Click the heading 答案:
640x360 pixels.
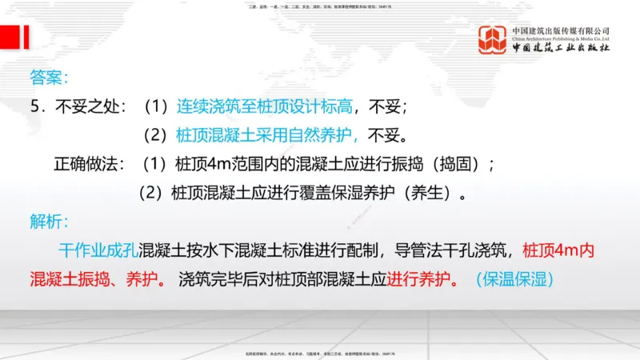[x=49, y=78]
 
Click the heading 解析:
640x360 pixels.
[x=49, y=221]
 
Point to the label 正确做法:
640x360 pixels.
[x=89, y=164]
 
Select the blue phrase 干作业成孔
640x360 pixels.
[x=98, y=250]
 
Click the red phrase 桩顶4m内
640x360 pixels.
[x=558, y=250]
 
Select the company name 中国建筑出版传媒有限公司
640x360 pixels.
[x=561, y=30]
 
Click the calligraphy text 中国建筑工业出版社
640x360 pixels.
[x=561, y=48]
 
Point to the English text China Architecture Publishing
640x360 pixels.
[x=561, y=38]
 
